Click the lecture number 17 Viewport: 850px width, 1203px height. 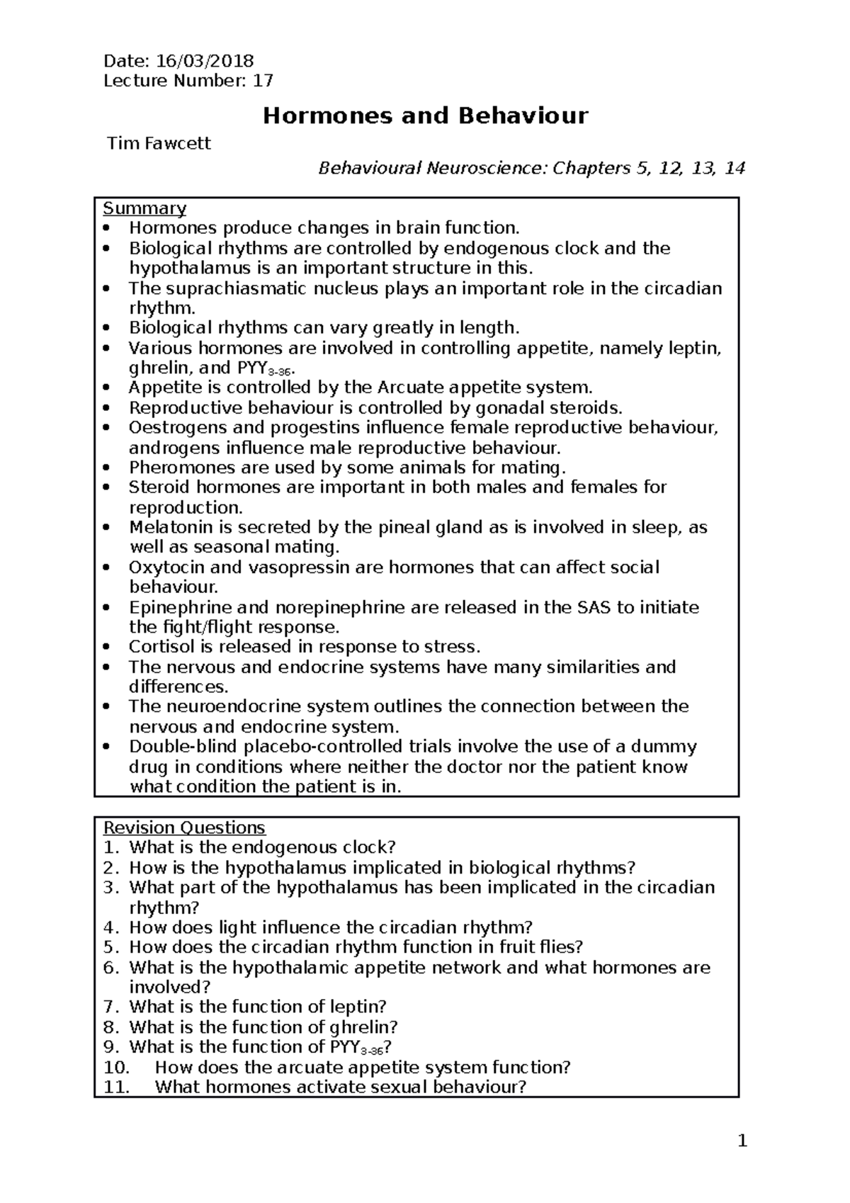click(x=263, y=81)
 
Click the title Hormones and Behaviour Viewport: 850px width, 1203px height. click(x=425, y=115)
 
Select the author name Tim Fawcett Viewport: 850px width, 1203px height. click(x=159, y=144)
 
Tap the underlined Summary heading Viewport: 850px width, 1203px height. click(x=144, y=208)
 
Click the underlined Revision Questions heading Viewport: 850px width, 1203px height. click(x=184, y=828)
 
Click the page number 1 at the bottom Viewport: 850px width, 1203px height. click(x=742, y=1141)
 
